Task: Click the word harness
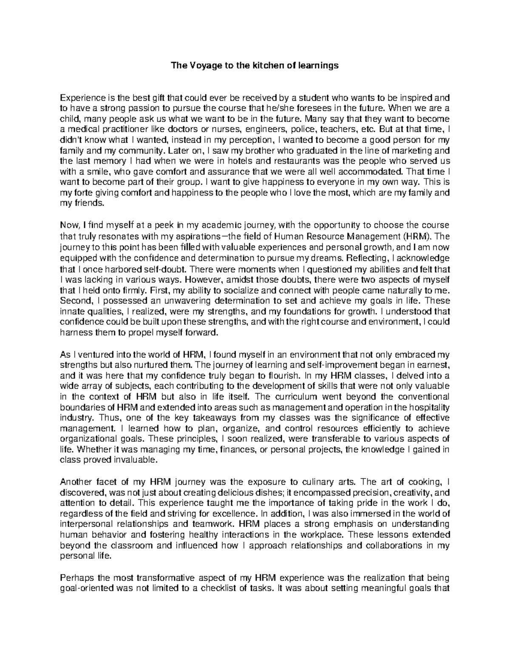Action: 74,333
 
